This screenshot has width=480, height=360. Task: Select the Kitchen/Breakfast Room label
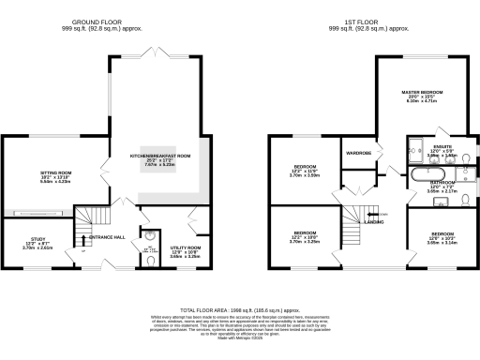(x=159, y=156)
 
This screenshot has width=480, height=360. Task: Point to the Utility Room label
(x=185, y=248)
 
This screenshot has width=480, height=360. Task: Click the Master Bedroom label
(x=421, y=92)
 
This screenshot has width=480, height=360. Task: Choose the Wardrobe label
(x=359, y=152)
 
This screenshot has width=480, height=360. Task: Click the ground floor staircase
(x=92, y=224)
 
